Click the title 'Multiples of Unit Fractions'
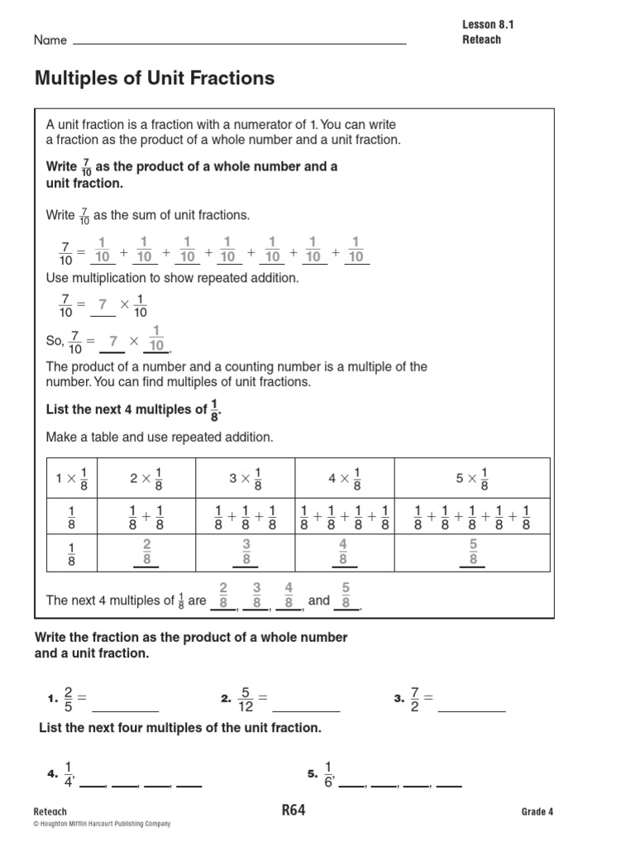(x=154, y=79)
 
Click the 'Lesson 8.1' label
(x=488, y=25)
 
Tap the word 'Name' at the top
(x=49, y=41)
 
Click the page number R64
(x=294, y=811)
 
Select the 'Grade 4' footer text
(x=537, y=811)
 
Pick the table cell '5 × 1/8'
(x=471, y=478)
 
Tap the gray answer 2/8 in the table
(x=146, y=551)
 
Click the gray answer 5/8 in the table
(x=473, y=551)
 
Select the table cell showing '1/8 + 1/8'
(x=146, y=516)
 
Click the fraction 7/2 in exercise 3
(x=416, y=699)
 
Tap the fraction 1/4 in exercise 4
(x=69, y=774)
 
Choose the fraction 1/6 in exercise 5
(x=328, y=774)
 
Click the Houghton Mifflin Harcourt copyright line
(x=102, y=825)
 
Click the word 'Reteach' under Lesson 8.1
(x=481, y=40)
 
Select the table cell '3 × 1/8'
(x=246, y=478)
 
